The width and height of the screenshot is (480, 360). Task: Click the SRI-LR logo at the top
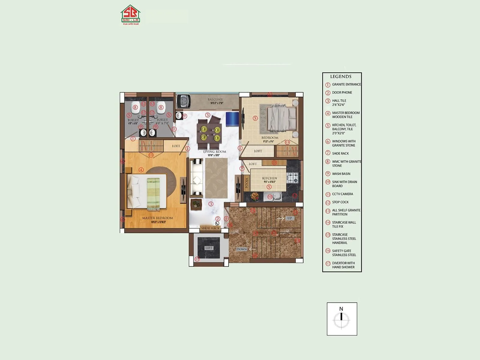pyautogui.click(x=130, y=15)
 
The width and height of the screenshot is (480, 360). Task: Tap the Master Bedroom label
pyautogui.click(x=157, y=218)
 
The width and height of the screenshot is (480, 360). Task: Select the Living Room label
pyautogui.click(x=214, y=151)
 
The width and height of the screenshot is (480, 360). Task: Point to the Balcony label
pyautogui.click(x=215, y=99)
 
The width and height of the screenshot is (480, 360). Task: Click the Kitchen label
pyautogui.click(x=269, y=178)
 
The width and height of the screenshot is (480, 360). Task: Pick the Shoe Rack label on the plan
pyautogui.click(x=210, y=228)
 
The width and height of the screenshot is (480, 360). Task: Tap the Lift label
pyautogui.click(x=209, y=248)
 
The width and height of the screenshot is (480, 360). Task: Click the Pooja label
pyautogui.click(x=247, y=183)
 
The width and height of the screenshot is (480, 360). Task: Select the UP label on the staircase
pyautogui.click(x=289, y=218)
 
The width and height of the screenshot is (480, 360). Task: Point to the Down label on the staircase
pyautogui.click(x=241, y=249)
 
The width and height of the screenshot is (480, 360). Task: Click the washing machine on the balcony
pyautogui.click(x=183, y=101)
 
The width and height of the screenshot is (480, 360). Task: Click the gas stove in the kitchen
pyautogui.click(x=292, y=178)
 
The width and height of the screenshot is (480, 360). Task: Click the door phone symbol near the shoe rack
pyautogui.click(x=217, y=223)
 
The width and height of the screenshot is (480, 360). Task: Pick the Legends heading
pyautogui.click(x=341, y=76)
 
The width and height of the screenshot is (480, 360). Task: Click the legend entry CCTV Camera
pyautogui.click(x=342, y=194)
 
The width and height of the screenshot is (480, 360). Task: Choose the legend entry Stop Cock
pyautogui.click(x=340, y=202)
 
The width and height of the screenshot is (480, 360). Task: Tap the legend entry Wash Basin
pyautogui.click(x=341, y=174)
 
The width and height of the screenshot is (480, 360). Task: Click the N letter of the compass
pyautogui.click(x=341, y=309)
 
